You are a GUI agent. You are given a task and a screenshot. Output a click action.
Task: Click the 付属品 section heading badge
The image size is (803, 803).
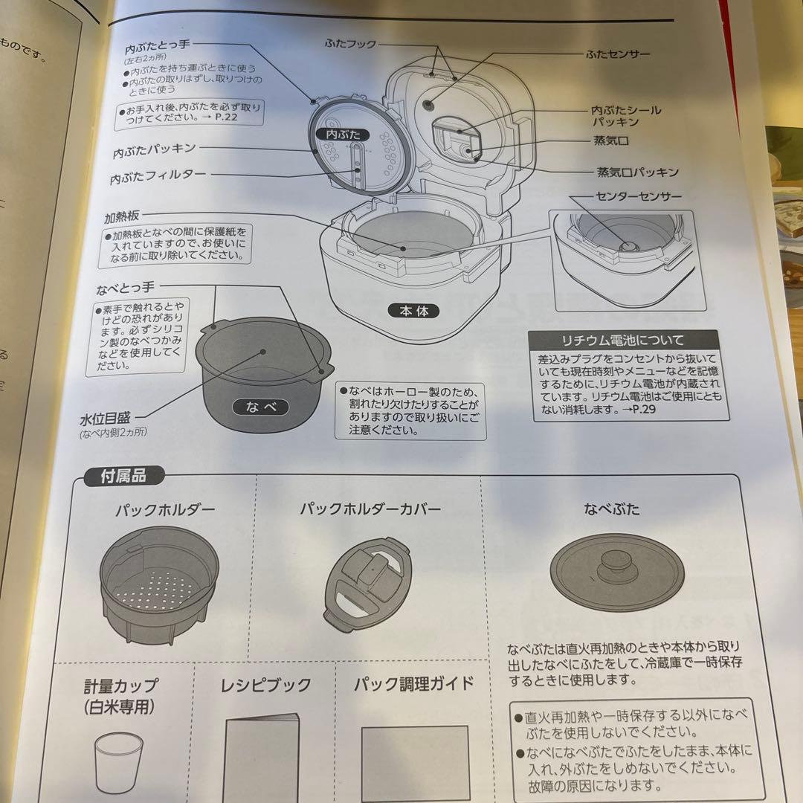pyautogui.click(x=123, y=477)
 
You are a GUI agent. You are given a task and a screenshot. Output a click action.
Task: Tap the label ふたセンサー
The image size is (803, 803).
pyautogui.click(x=618, y=54)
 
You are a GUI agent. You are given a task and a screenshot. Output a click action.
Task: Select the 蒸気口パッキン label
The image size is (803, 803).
pyautogui.click(x=638, y=172)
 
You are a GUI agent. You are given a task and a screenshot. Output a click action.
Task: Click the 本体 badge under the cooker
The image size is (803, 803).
pyautogui.click(x=413, y=311)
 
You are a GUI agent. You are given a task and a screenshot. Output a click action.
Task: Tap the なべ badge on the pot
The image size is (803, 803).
pyautogui.click(x=256, y=407)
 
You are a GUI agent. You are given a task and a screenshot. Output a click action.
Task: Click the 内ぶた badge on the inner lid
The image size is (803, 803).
pyautogui.click(x=343, y=135)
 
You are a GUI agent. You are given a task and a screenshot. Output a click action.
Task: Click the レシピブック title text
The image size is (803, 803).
pyautogui.click(x=265, y=686)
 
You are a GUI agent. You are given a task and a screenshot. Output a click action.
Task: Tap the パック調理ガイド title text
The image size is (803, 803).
pyautogui.click(x=413, y=683)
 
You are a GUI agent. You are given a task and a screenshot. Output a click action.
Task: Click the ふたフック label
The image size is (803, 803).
pyautogui.click(x=349, y=44)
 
